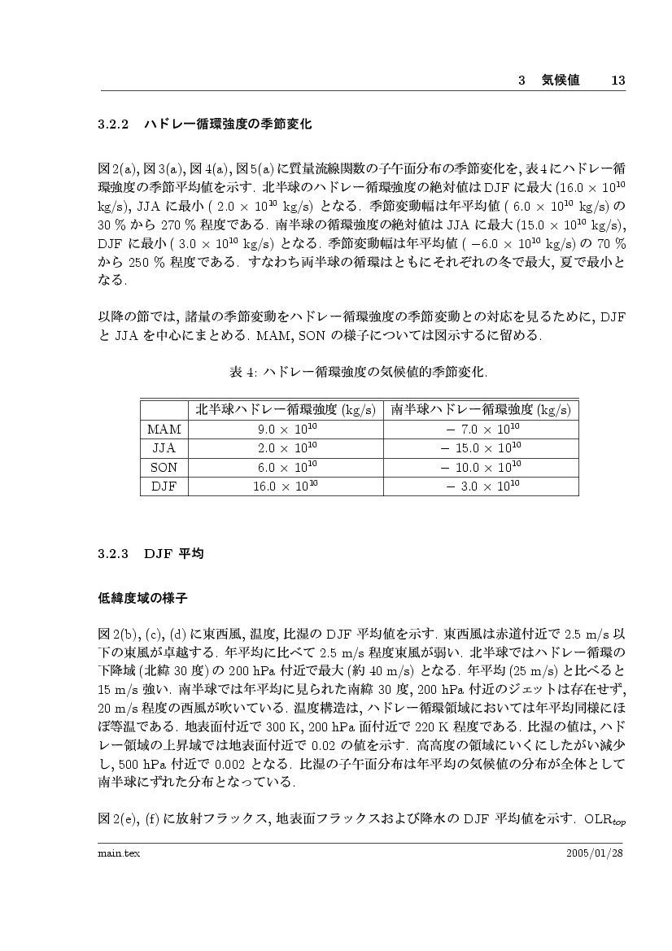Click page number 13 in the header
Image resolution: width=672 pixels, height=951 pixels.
click(x=617, y=81)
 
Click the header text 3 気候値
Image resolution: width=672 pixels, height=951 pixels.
click(x=548, y=81)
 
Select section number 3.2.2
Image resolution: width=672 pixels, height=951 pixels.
click(x=114, y=125)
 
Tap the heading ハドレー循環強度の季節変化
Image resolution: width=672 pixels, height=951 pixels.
click(x=227, y=125)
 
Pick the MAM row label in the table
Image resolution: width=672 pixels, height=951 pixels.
click(x=164, y=429)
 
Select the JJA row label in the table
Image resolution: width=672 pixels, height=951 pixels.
click(x=164, y=448)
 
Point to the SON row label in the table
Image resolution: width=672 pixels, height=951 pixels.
click(x=164, y=468)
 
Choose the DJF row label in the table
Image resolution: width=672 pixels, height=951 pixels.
click(x=164, y=486)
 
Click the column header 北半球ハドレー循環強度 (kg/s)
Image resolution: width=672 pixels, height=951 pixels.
click(x=286, y=409)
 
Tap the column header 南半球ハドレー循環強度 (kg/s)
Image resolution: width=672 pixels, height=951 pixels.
click(x=481, y=409)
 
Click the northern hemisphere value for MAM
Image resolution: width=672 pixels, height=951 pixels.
click(x=286, y=429)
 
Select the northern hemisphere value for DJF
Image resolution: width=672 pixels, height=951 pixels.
click(x=286, y=486)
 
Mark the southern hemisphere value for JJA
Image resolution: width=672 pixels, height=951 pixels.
click(x=480, y=448)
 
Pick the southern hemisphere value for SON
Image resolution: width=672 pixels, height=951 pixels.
click(x=480, y=468)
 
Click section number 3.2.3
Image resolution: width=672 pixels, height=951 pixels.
click(x=114, y=554)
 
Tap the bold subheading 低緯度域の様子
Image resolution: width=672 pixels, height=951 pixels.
click(x=142, y=600)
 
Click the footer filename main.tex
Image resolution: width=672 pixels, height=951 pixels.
click(x=114, y=852)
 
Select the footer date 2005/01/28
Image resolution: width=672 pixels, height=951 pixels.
click(x=595, y=852)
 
